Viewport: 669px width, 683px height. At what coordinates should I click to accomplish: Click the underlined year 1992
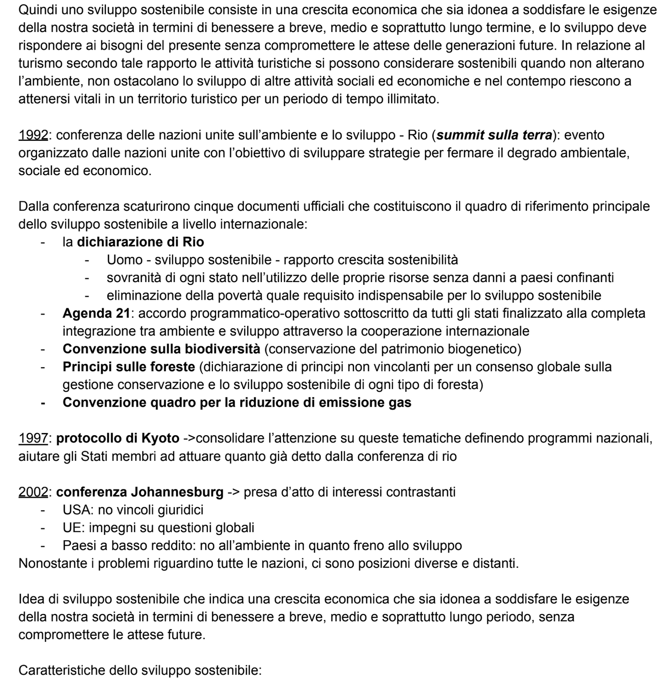[33, 135]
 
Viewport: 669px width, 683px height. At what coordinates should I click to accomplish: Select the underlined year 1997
[33, 438]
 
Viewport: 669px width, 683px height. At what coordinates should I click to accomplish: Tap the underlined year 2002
[33, 492]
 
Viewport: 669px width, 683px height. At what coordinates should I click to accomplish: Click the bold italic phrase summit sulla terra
[494, 135]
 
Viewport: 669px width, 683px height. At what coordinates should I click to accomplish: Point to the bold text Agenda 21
[96, 313]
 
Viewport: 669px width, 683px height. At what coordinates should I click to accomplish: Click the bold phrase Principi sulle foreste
[129, 367]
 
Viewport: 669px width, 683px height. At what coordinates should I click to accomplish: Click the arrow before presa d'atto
[234, 492]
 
